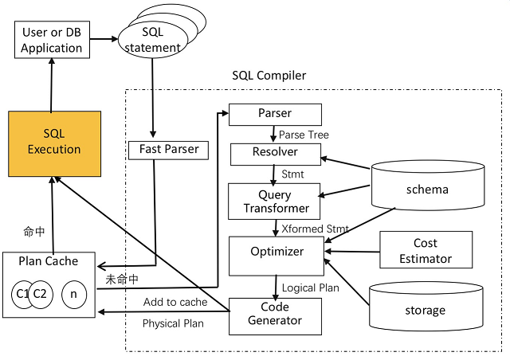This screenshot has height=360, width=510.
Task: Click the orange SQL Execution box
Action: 54,143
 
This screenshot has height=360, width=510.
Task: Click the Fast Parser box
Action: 163,149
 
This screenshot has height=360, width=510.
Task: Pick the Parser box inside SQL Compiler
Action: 275,114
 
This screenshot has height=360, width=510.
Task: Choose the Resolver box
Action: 275,153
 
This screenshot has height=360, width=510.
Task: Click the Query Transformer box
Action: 275,202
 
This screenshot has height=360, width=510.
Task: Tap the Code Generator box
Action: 275,314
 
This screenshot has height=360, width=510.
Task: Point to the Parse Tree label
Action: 304,134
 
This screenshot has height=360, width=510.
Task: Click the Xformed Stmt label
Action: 315,229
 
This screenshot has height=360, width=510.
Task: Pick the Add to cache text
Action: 175,302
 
